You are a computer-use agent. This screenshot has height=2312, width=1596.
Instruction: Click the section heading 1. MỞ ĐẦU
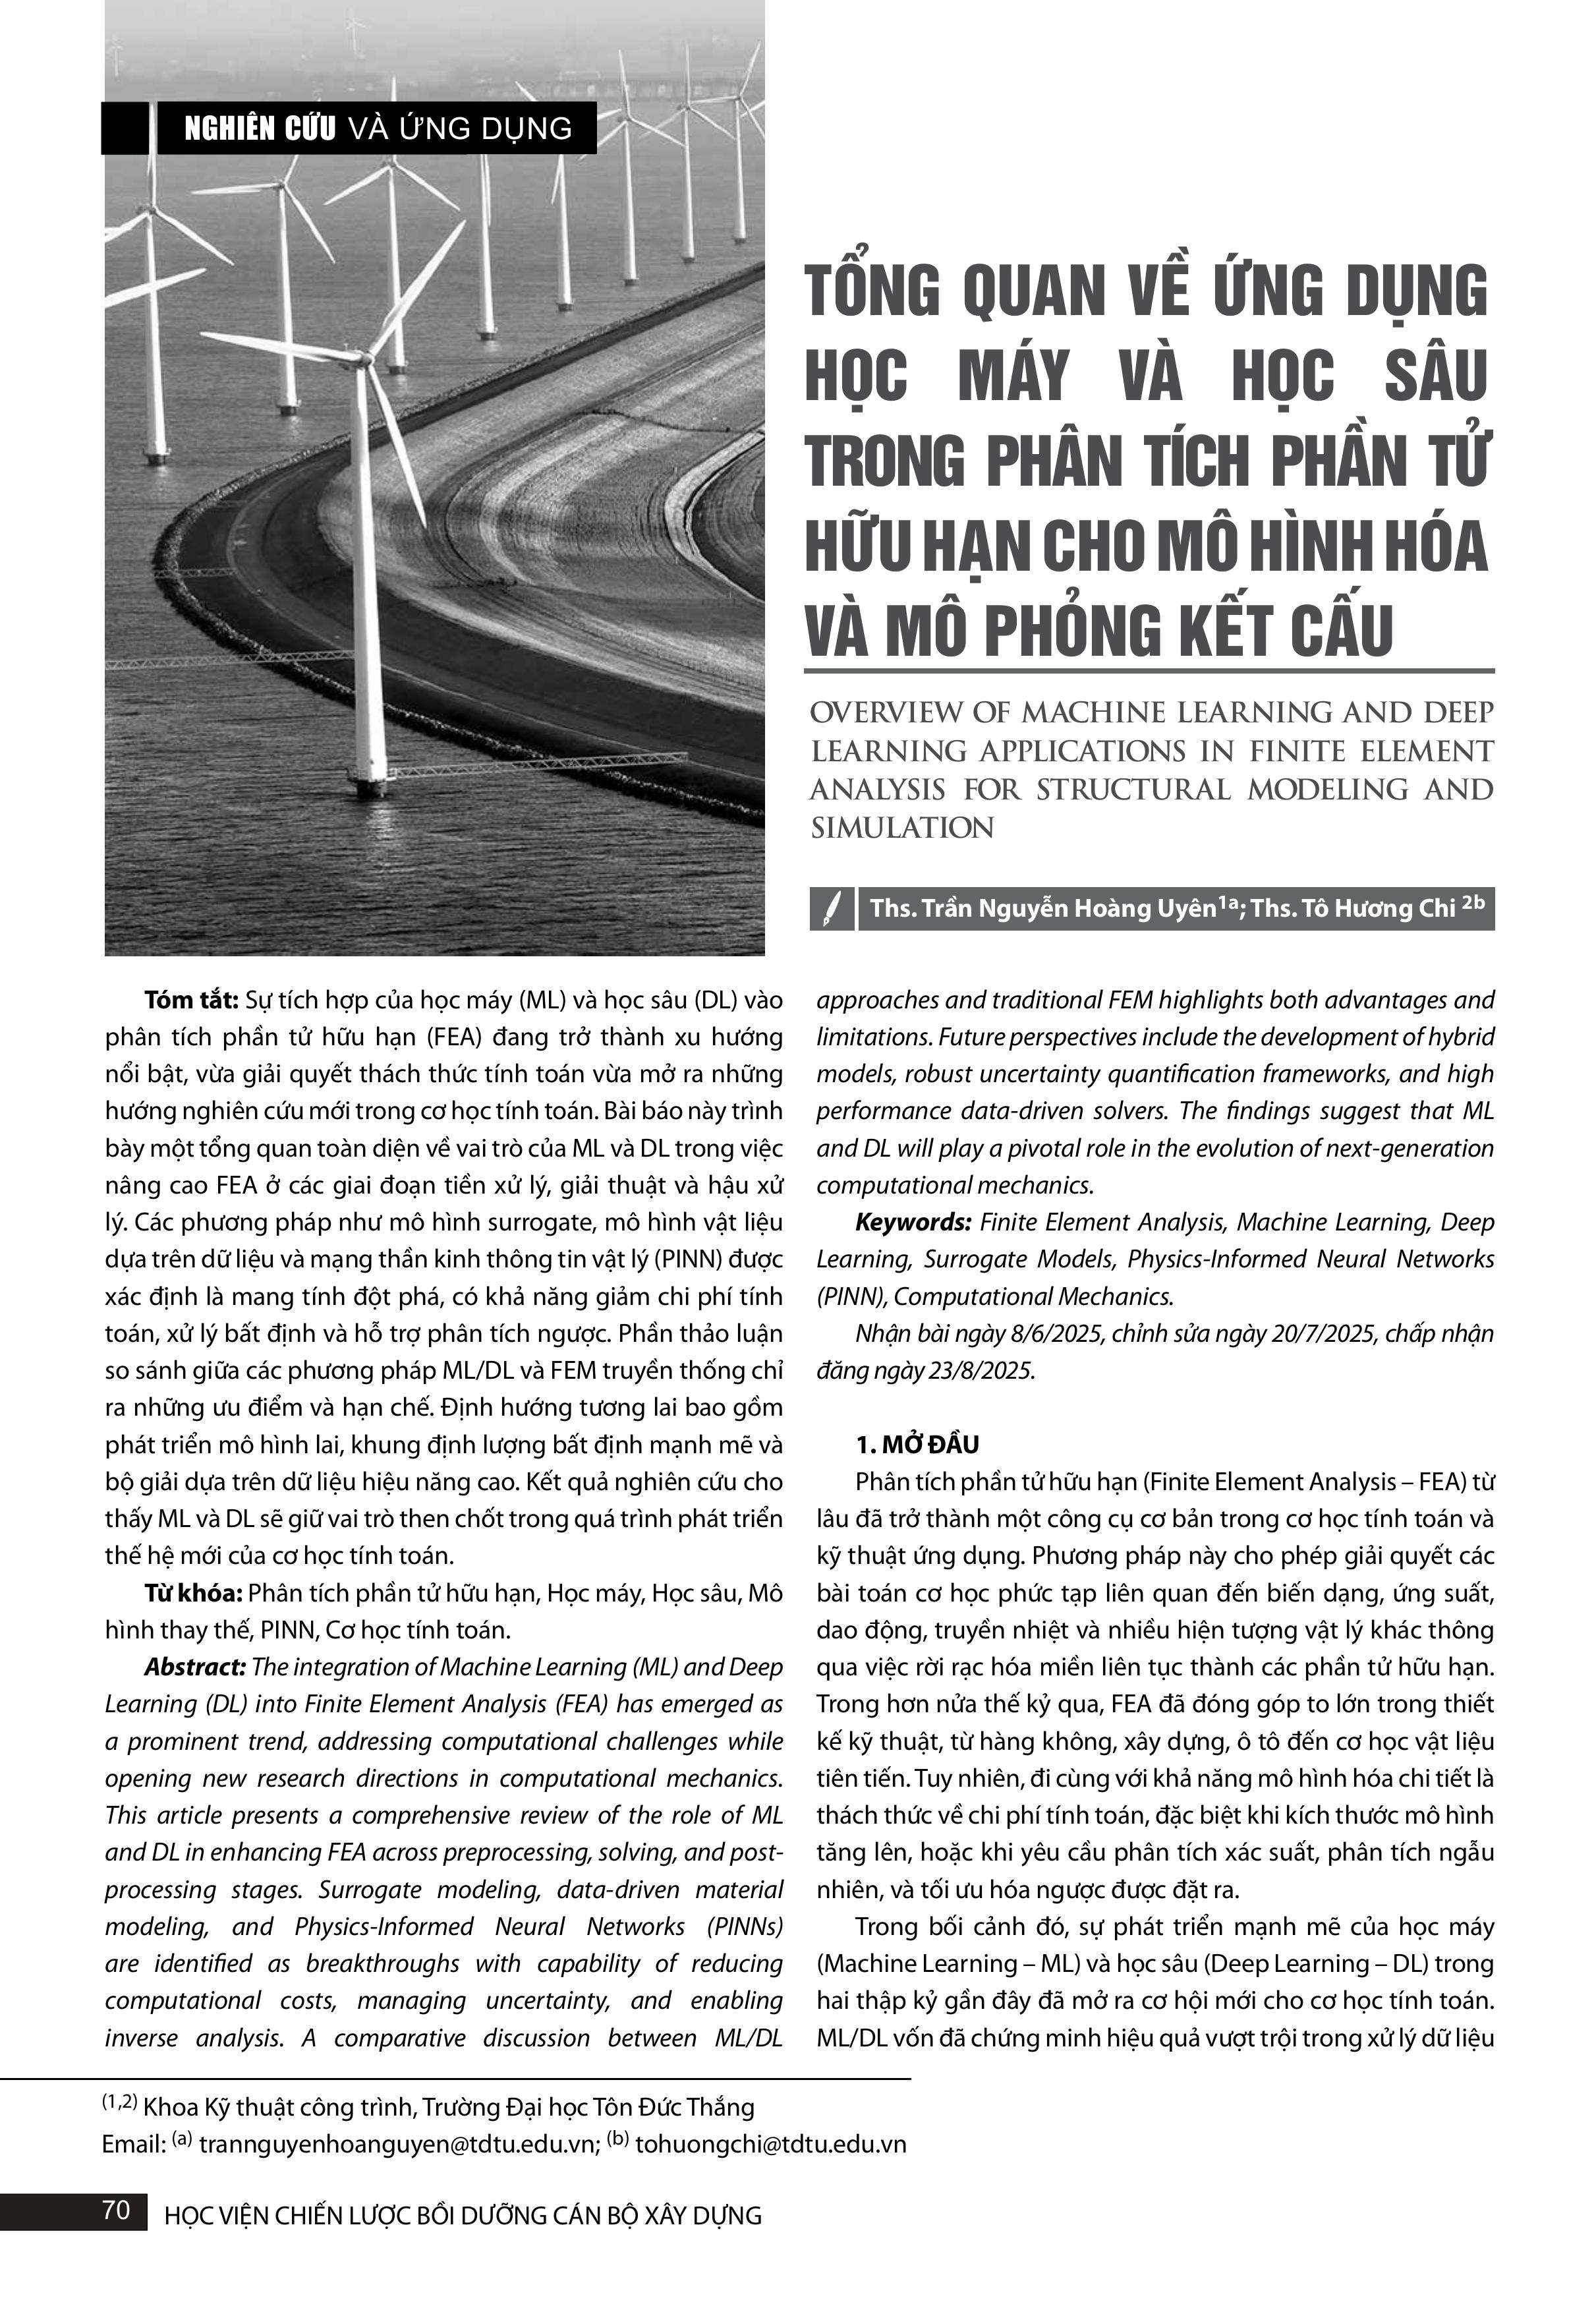click(917, 1444)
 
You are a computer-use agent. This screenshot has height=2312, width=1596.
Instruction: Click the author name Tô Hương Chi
click(1376, 908)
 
